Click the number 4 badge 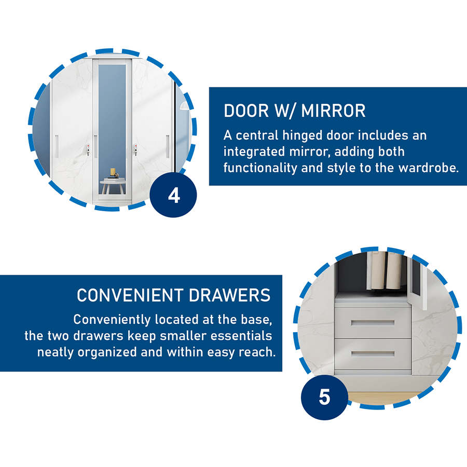[173, 196]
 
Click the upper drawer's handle [374, 323]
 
